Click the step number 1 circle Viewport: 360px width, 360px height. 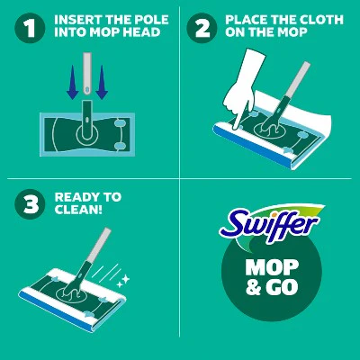30,29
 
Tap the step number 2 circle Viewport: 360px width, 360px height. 202,29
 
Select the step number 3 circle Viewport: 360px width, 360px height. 30,204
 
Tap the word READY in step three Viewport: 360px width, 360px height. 75,197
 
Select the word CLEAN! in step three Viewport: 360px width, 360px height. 78,210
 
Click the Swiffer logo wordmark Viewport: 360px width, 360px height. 267,224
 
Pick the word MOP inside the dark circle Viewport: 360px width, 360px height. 272,267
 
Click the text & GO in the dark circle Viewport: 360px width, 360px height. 272,287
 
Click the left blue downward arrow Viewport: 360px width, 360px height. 73,82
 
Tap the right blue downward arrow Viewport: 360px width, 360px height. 102,82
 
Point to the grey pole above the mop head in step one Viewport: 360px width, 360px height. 87,74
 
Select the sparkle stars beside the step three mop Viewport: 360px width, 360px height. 123,282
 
